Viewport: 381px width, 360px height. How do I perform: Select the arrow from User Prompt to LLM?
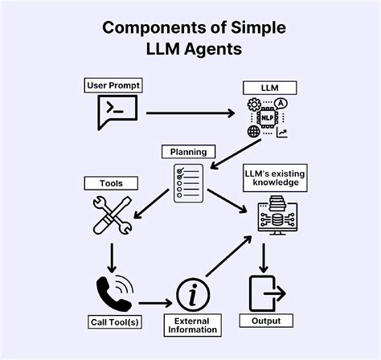coord(189,114)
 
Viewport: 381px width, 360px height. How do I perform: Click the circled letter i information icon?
coord(191,297)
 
